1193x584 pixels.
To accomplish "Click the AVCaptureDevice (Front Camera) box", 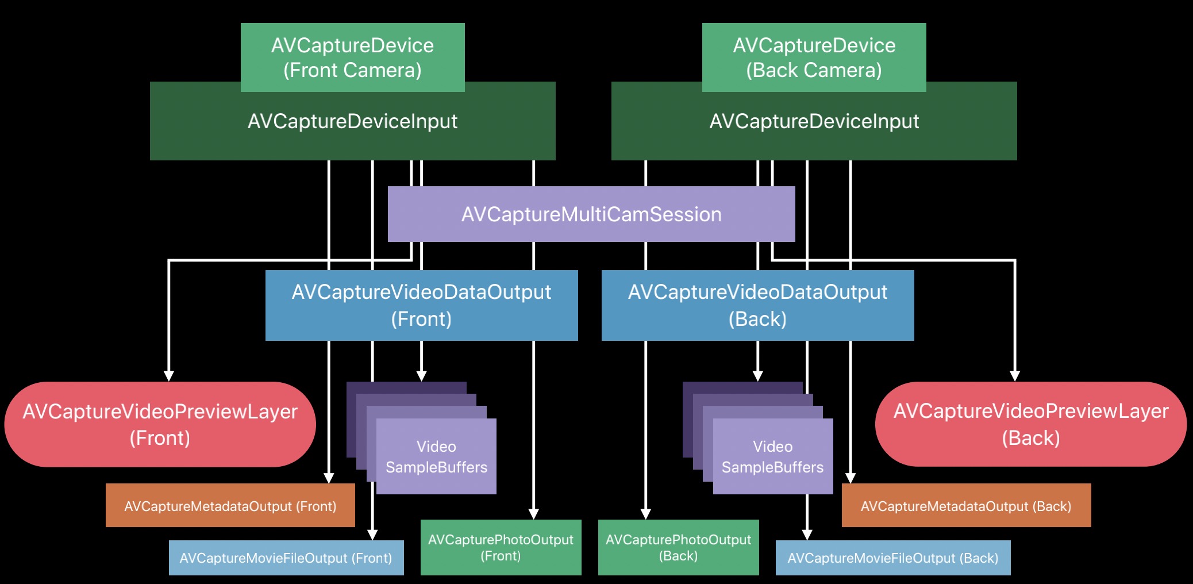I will [352, 57].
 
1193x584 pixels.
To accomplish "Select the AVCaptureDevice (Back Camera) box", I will [814, 57].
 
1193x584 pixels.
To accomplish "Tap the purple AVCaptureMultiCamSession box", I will [591, 214].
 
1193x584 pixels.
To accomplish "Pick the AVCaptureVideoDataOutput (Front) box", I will [421, 305].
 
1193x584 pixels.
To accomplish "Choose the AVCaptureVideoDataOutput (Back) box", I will [757, 305].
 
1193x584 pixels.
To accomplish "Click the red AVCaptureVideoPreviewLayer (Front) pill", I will [160, 424].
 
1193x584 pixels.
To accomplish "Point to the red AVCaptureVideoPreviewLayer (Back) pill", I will [1030, 424].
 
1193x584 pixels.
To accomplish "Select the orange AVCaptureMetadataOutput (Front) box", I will [230, 506].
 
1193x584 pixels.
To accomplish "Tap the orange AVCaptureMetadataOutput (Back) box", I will [966, 506].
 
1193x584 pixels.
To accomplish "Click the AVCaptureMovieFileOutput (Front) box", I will [286, 558].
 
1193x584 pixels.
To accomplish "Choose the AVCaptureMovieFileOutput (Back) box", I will [892, 558].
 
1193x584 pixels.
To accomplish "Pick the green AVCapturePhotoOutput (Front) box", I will [501, 547].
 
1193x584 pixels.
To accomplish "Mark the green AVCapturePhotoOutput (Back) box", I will [678, 547].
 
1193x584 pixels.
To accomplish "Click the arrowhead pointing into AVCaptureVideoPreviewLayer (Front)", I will [169, 375].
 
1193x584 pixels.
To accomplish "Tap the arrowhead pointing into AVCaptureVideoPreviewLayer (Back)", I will [1015, 375].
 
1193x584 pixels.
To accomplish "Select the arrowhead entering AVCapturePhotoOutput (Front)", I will [534, 514].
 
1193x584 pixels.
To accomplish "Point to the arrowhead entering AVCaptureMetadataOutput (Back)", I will [851, 478].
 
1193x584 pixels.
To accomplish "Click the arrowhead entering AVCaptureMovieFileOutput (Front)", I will [372, 535].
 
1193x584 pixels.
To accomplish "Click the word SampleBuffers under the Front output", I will [436, 467].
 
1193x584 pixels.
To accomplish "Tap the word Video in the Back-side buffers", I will [772, 447].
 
